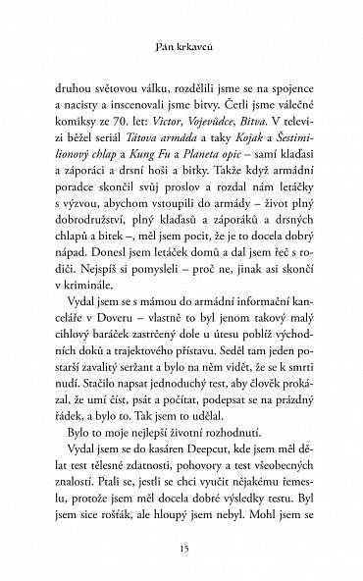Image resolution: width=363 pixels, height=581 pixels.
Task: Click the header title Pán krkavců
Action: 181,45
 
